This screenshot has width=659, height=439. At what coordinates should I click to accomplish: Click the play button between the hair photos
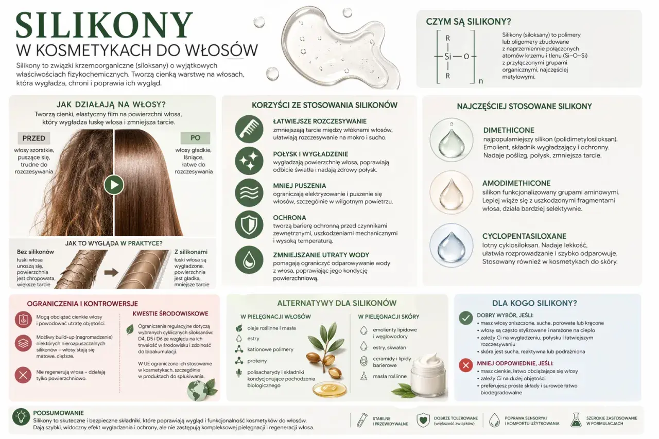pyautogui.click(x=114, y=185)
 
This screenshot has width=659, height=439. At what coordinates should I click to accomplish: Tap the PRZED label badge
pyautogui.click(x=34, y=138)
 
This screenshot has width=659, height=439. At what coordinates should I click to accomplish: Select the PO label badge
pyautogui.click(x=195, y=137)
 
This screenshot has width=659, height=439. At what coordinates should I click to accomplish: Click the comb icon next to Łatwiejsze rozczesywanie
pyautogui.click(x=249, y=129)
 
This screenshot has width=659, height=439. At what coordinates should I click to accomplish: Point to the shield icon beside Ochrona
pyautogui.click(x=249, y=224)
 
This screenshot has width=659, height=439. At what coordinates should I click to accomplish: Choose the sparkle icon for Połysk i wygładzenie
pyautogui.click(x=249, y=161)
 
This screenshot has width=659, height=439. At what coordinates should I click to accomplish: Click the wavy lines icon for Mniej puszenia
pyautogui.click(x=249, y=192)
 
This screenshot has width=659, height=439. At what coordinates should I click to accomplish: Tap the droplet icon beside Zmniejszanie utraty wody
pyautogui.click(x=249, y=259)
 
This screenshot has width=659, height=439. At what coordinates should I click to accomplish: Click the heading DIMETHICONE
pyautogui.click(x=509, y=130)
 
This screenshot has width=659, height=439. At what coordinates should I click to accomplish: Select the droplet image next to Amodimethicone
pyautogui.click(x=452, y=192)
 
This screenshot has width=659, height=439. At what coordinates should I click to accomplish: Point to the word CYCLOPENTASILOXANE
pyautogui.click(x=524, y=236)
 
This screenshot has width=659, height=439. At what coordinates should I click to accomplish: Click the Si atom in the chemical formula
pyautogui.click(x=447, y=56)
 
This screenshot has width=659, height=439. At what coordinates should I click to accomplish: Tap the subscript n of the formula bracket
pyautogui.click(x=481, y=81)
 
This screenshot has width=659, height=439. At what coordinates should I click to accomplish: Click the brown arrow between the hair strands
pyautogui.click(x=111, y=272)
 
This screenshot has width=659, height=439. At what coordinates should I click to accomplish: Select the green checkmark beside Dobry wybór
pyautogui.click(x=466, y=318)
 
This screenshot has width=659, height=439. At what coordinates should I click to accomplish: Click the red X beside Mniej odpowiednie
pyautogui.click(x=466, y=365)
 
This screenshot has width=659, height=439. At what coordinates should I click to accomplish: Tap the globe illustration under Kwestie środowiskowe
pyautogui.click(x=198, y=391)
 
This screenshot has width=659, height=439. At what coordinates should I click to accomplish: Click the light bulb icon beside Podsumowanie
pyautogui.click(x=21, y=417)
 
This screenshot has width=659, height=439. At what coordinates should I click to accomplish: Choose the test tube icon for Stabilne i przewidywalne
pyautogui.click(x=362, y=419)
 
